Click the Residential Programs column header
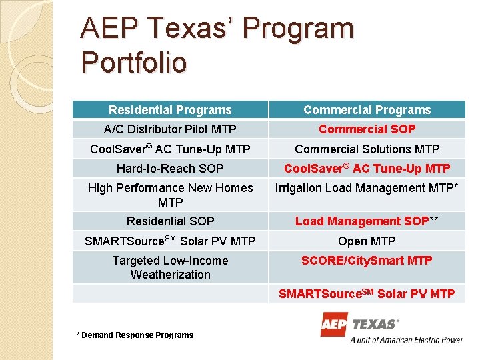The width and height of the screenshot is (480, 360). pyautogui.click(x=170, y=110)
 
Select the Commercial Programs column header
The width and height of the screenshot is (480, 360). pyautogui.click(x=367, y=110)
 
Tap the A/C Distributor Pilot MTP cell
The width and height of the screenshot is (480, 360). pyautogui.click(x=170, y=129)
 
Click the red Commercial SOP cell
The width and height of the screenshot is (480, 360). pyautogui.click(x=367, y=129)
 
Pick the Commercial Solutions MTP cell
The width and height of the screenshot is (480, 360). pyautogui.click(x=367, y=149)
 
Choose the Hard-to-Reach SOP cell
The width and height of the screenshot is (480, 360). pyautogui.click(x=170, y=169)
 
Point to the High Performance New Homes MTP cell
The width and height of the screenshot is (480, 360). pyautogui.click(x=170, y=195)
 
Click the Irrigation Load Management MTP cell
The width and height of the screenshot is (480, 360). pyautogui.click(x=367, y=189)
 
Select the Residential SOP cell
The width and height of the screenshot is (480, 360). pyautogui.click(x=170, y=221)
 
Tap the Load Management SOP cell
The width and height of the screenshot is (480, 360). pyautogui.click(x=367, y=221)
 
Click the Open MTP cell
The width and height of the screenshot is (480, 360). pyautogui.click(x=367, y=241)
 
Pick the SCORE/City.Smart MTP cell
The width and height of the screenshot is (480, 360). pyautogui.click(x=367, y=261)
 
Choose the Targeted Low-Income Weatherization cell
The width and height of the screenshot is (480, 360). pyautogui.click(x=170, y=267)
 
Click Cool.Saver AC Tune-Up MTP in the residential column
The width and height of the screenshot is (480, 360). pyautogui.click(x=170, y=149)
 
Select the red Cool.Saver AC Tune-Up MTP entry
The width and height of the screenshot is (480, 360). pyautogui.click(x=367, y=169)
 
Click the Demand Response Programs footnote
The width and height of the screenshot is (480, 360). pyautogui.click(x=135, y=335)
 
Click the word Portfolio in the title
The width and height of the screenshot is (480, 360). pyautogui.click(x=133, y=63)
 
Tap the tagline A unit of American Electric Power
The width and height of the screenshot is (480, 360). pyautogui.click(x=407, y=339)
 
